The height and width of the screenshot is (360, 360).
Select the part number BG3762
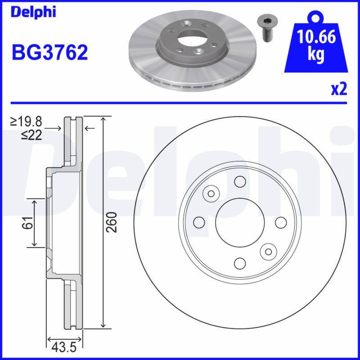[49, 53]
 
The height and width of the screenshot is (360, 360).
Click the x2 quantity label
[339, 89]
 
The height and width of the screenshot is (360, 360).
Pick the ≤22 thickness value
[31, 135]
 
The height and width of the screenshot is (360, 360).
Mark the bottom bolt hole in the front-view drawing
[239, 262]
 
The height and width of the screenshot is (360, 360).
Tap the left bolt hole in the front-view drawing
[198, 222]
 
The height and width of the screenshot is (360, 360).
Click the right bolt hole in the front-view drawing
[280, 222]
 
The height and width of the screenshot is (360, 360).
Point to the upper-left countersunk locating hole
[210, 193]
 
